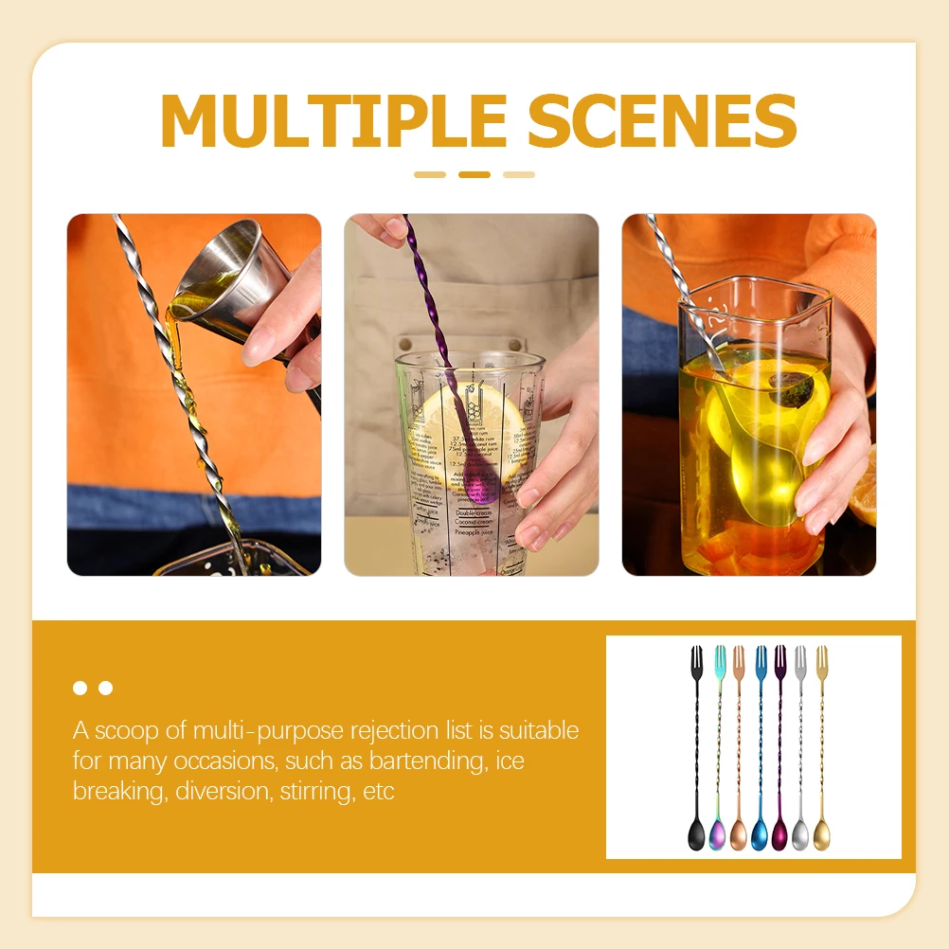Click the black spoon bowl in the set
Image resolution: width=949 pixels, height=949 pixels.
(696, 834)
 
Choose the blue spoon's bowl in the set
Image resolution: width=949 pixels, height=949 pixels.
(760, 834)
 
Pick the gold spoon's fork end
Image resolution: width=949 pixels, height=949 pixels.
(821, 660)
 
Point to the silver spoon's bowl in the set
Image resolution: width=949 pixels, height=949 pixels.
(800, 834)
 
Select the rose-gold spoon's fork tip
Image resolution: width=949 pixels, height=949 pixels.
(739, 660)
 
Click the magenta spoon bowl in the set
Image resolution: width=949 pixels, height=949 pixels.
(779, 834)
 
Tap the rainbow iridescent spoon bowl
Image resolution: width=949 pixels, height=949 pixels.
(717, 834)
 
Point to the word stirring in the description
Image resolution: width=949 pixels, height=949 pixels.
(317, 791)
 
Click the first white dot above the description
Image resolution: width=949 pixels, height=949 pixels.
(81, 688)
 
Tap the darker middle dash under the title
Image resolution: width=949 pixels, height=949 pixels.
(474, 174)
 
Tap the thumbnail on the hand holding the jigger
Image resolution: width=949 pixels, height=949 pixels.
(259, 346)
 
